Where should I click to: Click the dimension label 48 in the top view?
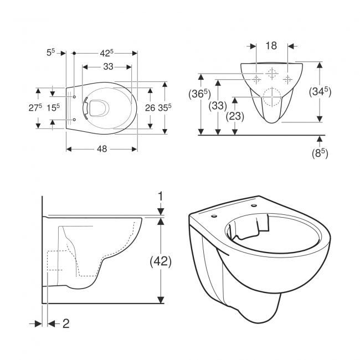[x=102, y=148]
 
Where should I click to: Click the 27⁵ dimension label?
[x=36, y=108]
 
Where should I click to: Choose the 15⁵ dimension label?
[x=53, y=108]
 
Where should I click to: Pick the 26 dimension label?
[x=150, y=108]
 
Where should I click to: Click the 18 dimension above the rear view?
[x=271, y=46]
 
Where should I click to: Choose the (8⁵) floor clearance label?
[x=319, y=153]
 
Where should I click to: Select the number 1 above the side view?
[x=161, y=196]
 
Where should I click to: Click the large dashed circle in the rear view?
[x=271, y=96]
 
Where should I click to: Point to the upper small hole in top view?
[x=74, y=96]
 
